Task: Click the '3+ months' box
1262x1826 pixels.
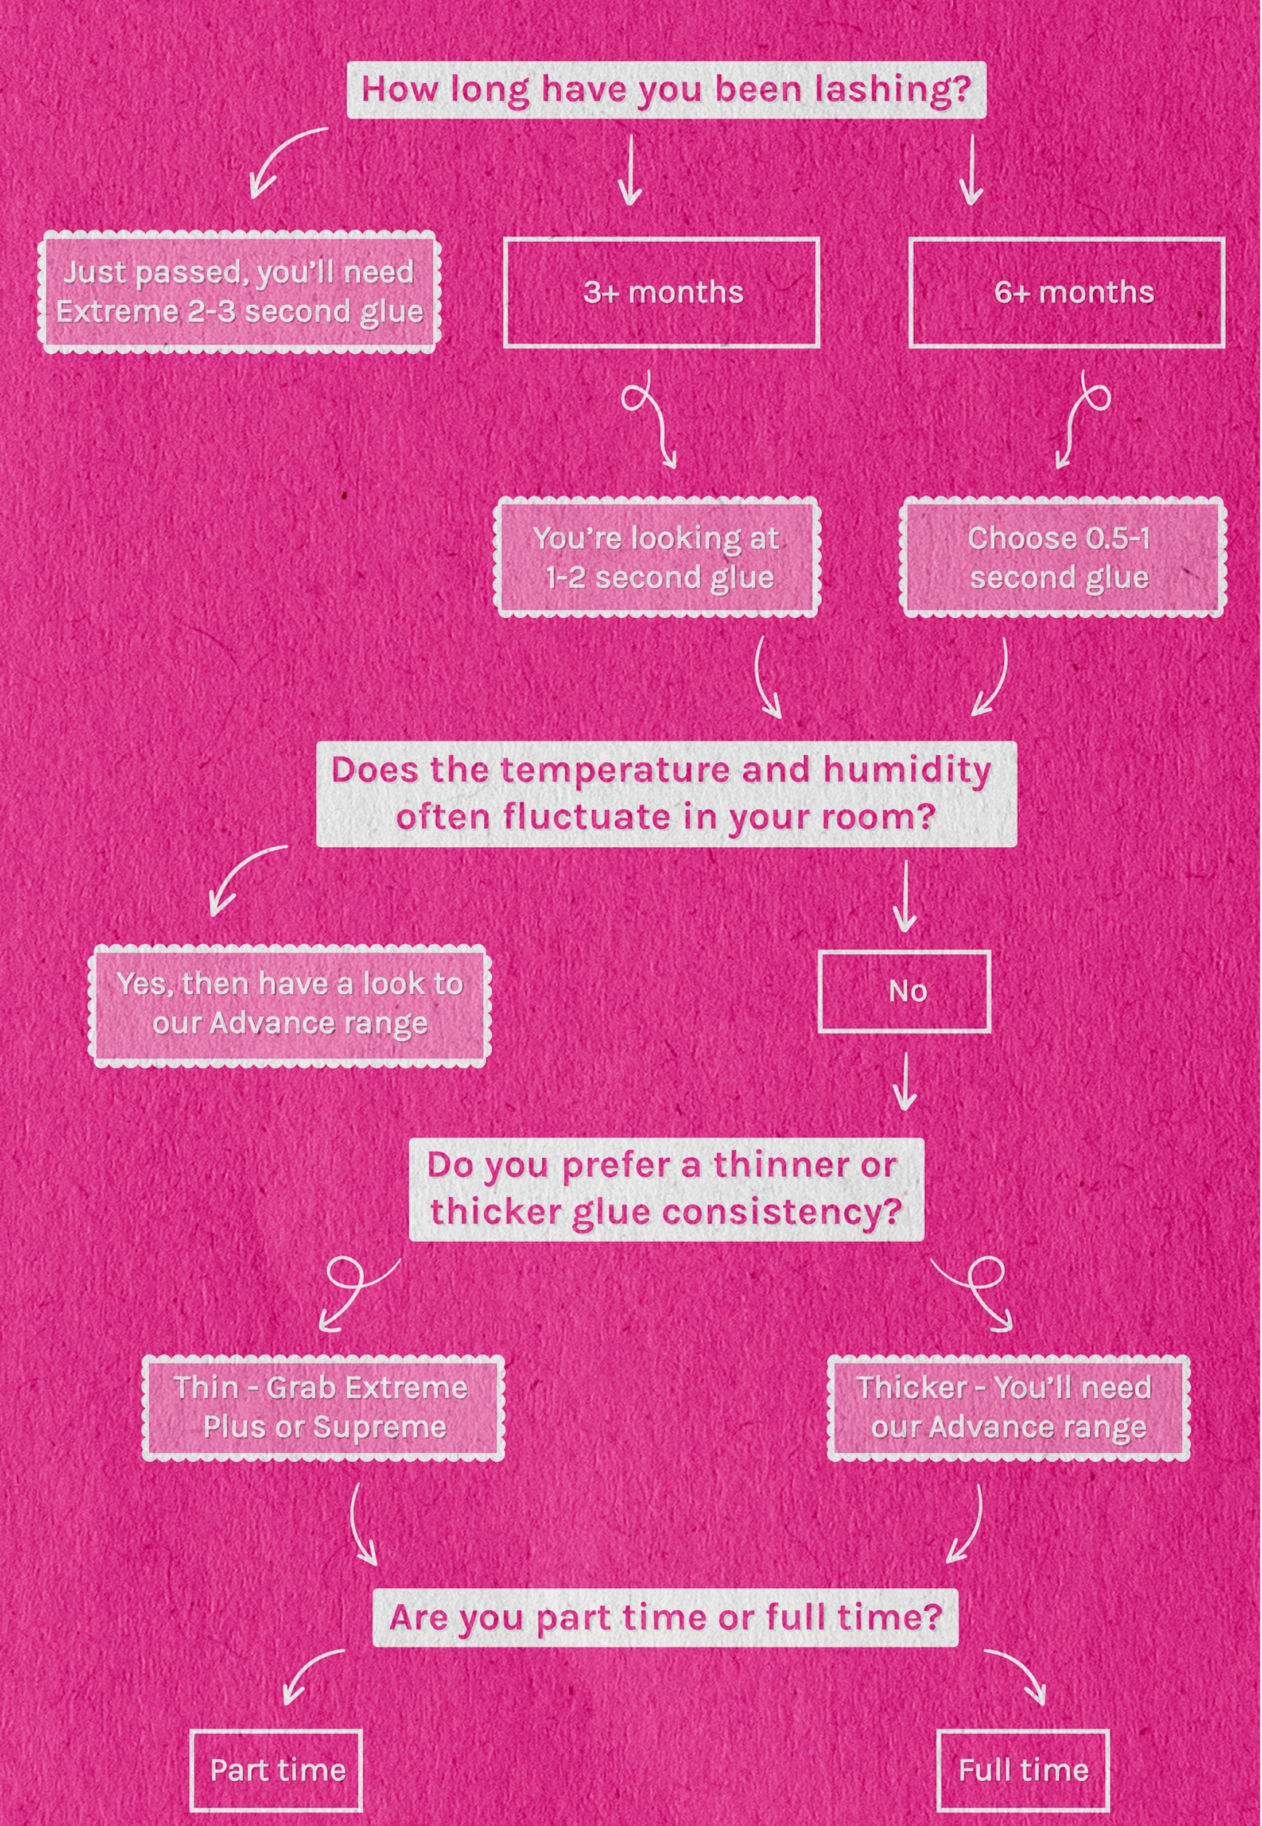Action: pos(661,293)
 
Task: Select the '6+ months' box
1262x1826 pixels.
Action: pos(1067,293)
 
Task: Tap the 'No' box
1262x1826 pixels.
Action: pos(904,992)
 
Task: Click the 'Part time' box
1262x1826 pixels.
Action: pos(276,1770)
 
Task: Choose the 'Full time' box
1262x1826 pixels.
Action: pos(1023,1770)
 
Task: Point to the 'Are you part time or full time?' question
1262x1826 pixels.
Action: pos(665,1617)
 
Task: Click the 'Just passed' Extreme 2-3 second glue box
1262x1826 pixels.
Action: pos(239,292)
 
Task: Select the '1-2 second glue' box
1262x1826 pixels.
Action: pos(657,557)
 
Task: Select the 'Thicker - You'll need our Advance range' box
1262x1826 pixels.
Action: pos(1008,1408)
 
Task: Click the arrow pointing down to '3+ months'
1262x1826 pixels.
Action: pos(630,169)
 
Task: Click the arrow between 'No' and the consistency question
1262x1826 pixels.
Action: pos(904,1080)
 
